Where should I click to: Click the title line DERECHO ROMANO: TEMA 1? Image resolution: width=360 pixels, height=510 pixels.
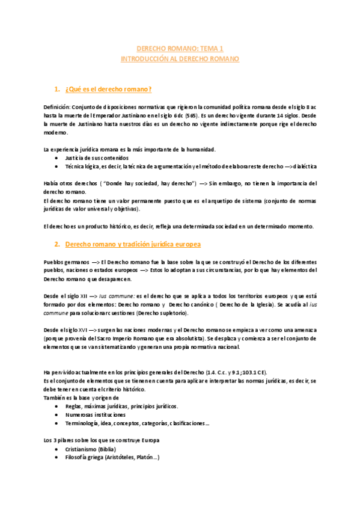(180, 49)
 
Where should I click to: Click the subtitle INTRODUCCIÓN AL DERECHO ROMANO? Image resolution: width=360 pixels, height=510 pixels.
(180, 59)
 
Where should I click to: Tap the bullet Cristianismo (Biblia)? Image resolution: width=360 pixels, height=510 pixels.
(91, 449)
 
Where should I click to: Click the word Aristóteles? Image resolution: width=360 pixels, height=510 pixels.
(125, 458)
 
